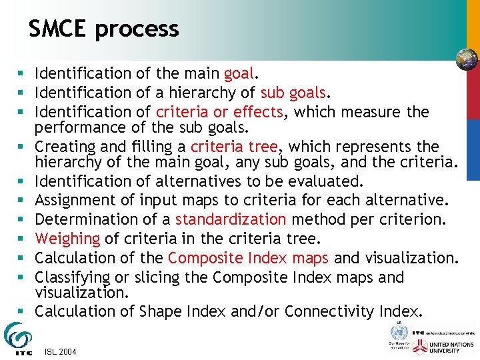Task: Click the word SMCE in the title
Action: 58,29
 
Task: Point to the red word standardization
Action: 231,219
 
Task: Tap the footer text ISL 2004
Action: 59,351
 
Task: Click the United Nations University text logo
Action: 454,345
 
